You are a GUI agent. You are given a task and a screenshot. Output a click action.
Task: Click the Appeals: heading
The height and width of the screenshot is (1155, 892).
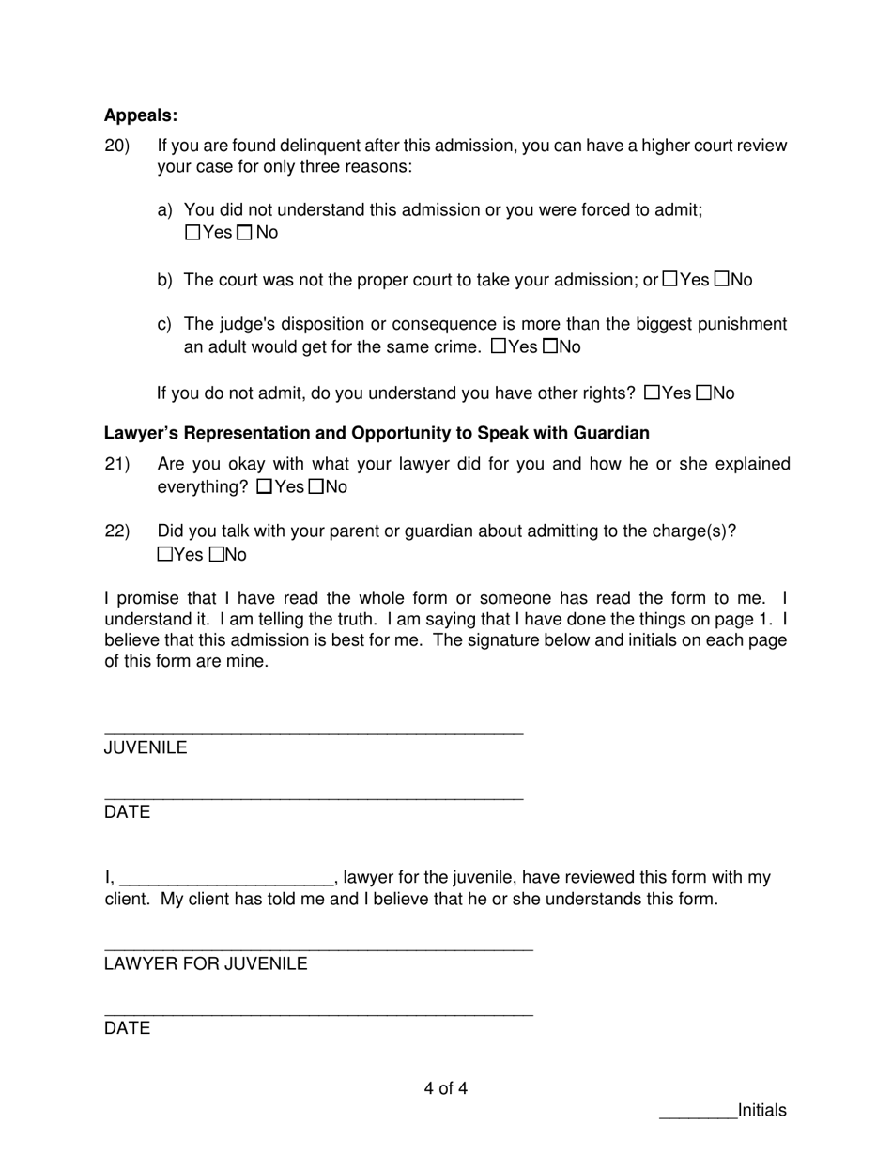(x=141, y=115)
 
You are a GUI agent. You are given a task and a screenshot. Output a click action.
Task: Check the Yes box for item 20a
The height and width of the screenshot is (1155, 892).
(x=193, y=233)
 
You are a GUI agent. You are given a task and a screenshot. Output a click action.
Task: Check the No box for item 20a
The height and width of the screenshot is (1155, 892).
(x=245, y=233)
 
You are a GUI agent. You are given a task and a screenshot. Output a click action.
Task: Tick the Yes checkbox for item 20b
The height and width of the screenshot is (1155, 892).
(x=670, y=279)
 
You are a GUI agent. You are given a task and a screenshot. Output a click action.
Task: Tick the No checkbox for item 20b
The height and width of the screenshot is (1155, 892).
(x=722, y=279)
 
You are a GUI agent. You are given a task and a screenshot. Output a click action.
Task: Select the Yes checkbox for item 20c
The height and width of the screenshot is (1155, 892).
(x=499, y=346)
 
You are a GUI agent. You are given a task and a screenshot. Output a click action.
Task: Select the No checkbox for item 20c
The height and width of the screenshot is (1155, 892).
(x=550, y=346)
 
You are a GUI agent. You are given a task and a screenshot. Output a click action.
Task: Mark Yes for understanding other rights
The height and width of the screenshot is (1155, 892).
(x=653, y=393)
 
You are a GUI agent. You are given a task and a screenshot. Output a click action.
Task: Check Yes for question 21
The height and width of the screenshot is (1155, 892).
(x=265, y=486)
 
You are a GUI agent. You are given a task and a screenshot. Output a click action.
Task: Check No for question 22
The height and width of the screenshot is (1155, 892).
(x=216, y=555)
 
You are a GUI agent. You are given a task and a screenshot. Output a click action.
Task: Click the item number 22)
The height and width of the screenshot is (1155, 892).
(x=117, y=531)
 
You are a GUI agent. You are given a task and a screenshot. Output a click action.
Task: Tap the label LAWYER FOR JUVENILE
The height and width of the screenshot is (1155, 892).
(x=206, y=963)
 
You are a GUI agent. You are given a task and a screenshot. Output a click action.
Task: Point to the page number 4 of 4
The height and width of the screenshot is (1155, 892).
(x=445, y=1089)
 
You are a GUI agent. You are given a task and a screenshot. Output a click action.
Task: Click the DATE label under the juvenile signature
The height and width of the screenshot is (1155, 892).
(x=127, y=812)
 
